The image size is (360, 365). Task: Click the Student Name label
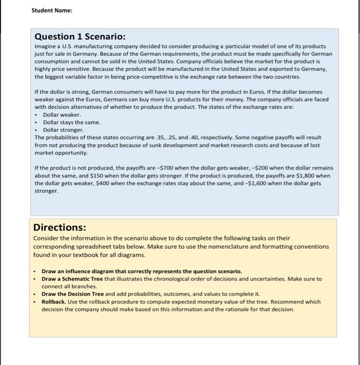tap(51, 10)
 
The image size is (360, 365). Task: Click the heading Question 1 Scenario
tap(80, 36)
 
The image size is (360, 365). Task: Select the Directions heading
tap(60, 227)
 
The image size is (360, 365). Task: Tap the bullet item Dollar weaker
tap(62, 114)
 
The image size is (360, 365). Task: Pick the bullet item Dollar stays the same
tap(71, 122)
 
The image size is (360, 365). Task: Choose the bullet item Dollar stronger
tap(63, 129)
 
